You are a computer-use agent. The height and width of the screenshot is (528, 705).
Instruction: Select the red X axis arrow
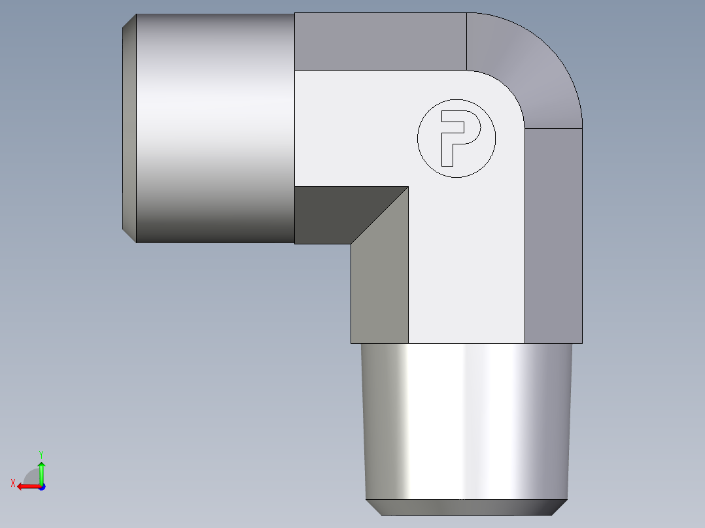[27, 486]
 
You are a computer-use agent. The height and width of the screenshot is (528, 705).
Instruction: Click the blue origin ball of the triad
[41, 486]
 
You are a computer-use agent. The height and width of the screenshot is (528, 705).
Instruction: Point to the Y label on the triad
[41, 454]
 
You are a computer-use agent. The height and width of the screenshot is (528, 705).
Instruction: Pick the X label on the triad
[13, 483]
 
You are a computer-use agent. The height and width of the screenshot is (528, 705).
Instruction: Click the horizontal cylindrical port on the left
[216, 127]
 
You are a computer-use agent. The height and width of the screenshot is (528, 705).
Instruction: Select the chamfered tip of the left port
[129, 127]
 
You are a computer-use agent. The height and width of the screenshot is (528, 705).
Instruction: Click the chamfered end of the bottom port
[466, 507]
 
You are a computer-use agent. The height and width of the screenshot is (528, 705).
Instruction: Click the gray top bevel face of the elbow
[379, 41]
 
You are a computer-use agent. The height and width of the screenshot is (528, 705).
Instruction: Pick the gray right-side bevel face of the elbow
[553, 235]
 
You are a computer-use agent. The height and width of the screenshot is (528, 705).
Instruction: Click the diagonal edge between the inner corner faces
[380, 216]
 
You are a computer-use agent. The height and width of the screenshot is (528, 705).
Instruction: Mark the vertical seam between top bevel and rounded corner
[466, 41]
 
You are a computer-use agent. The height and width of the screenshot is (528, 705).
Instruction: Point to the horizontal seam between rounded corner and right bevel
[553, 127]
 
